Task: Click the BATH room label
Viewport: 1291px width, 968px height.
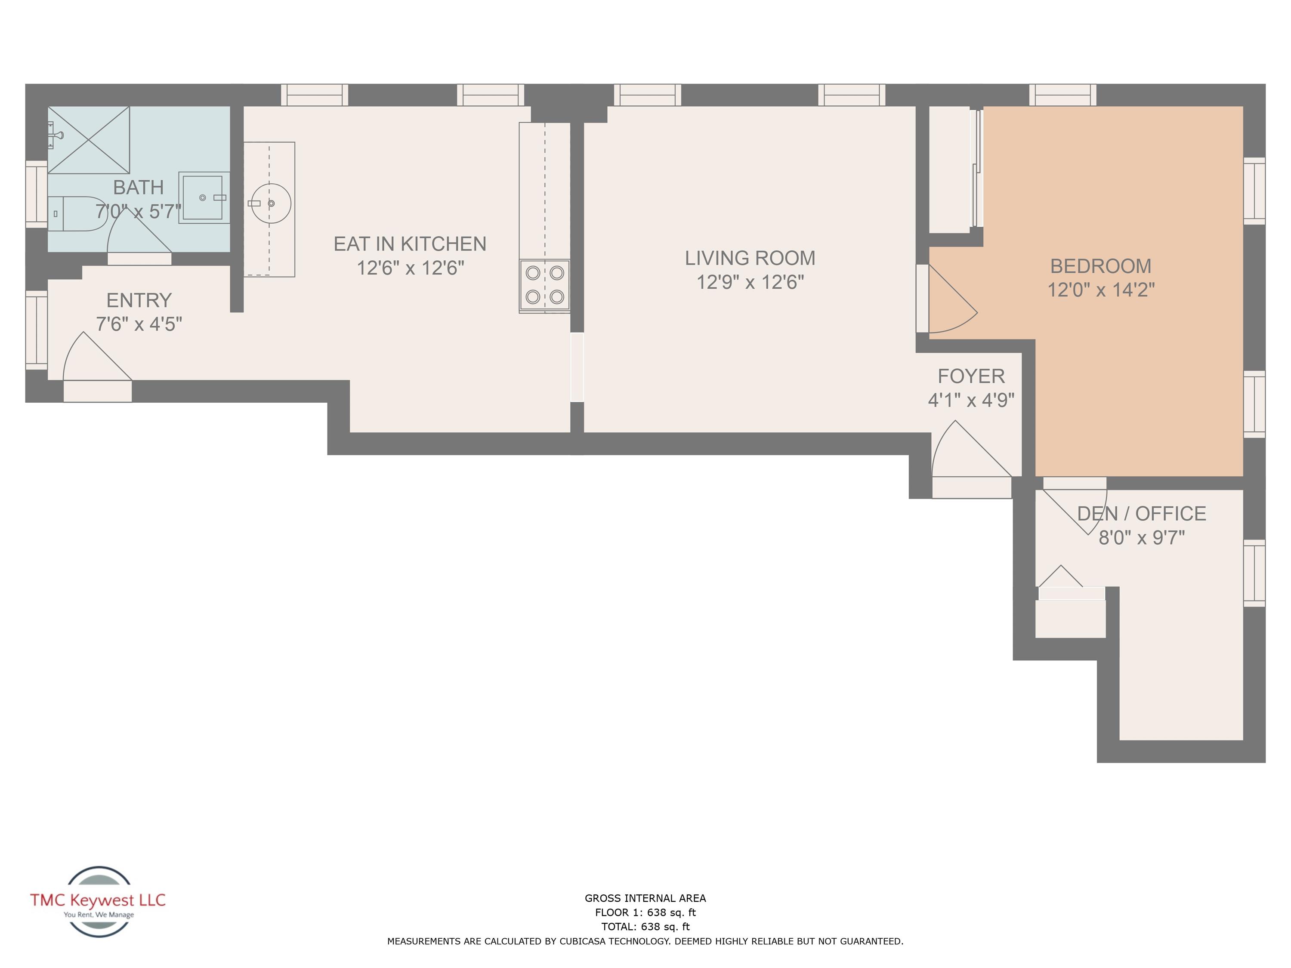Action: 138,187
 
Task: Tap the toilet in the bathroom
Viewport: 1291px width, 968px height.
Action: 79,213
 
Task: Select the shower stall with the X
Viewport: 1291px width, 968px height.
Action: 89,140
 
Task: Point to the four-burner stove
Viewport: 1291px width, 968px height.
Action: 544,285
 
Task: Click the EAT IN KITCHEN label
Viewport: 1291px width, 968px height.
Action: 410,244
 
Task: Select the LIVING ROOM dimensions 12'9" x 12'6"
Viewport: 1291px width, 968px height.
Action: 750,282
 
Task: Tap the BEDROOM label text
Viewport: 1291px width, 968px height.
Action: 1101,266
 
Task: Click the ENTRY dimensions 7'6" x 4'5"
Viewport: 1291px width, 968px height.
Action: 139,324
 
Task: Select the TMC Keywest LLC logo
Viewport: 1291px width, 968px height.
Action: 98,901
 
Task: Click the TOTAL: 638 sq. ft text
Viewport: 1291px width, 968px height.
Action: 645,927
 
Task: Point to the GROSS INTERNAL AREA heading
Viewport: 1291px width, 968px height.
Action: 645,899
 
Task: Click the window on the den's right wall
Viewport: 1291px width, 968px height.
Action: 1254,573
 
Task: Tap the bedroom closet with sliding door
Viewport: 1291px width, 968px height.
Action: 950,169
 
